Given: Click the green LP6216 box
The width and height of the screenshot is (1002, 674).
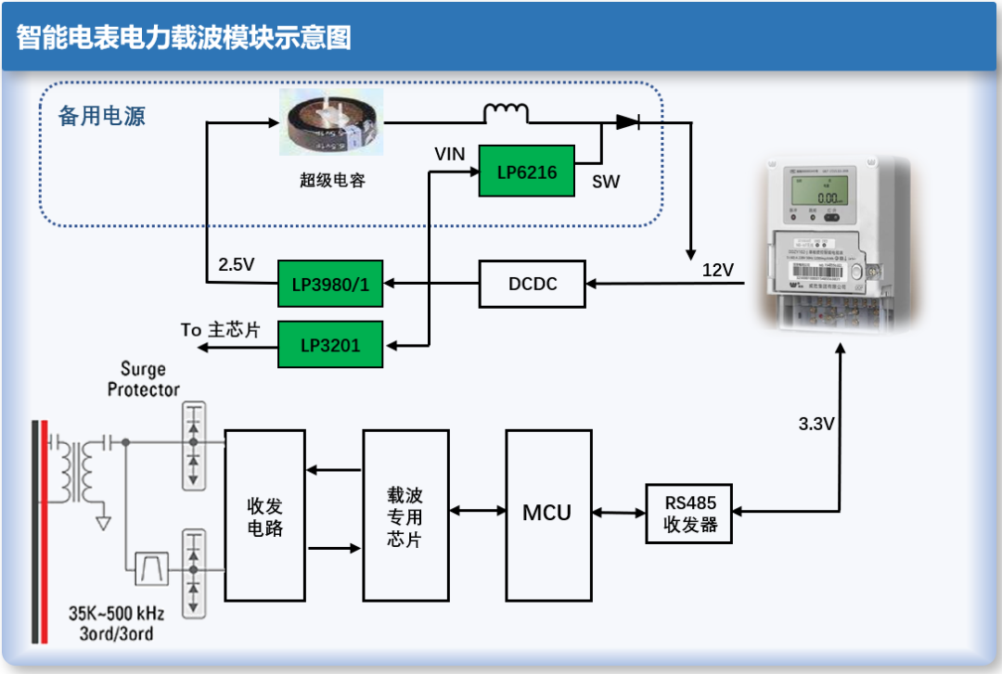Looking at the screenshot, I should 526,171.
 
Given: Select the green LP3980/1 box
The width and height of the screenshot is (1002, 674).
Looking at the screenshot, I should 330,284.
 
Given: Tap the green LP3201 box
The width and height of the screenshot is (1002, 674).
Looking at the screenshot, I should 330,345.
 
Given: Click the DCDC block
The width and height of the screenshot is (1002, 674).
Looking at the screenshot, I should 533,284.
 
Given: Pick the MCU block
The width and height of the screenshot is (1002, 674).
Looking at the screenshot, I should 547,512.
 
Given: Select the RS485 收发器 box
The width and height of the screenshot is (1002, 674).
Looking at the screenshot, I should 687,514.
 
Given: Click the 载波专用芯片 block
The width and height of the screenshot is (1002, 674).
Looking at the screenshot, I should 405,515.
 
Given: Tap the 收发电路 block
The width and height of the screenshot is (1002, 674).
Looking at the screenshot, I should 264,516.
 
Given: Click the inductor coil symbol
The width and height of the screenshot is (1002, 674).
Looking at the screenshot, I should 506,113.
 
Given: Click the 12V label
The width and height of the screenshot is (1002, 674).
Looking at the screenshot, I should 717,270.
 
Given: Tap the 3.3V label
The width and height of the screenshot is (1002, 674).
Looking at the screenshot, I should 816,424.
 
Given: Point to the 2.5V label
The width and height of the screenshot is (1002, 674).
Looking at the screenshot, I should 236,264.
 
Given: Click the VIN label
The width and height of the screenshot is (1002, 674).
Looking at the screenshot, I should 450,154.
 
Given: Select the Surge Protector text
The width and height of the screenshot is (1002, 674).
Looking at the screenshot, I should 143,379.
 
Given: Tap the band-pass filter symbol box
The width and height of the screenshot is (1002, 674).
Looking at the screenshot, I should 149,567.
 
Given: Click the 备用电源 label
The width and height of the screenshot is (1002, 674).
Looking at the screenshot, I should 102,117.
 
